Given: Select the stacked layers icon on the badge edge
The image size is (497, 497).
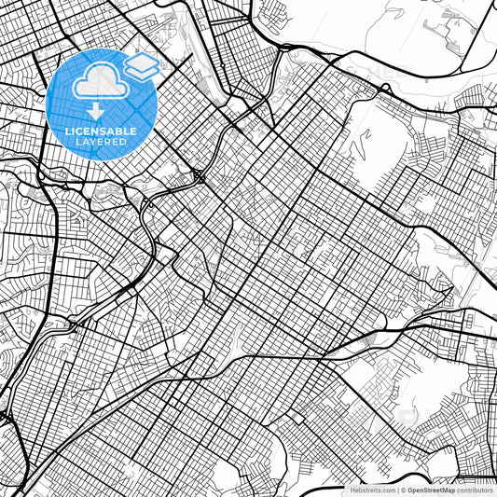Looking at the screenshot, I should click(142, 64).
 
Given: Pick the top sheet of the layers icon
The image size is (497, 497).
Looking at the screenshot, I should click(142, 59).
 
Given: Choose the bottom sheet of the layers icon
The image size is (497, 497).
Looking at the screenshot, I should click(142, 71).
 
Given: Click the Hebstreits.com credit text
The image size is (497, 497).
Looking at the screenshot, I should click(371, 489).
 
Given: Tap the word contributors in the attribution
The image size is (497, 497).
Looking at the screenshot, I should click(474, 489).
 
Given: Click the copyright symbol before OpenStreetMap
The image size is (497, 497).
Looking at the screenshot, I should click(404, 489).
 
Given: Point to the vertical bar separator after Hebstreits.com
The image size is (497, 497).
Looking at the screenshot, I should click(397, 489).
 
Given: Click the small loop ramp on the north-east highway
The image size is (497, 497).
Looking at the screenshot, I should click(383, 88).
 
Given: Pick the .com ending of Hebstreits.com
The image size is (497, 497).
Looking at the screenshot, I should click(387, 489).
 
